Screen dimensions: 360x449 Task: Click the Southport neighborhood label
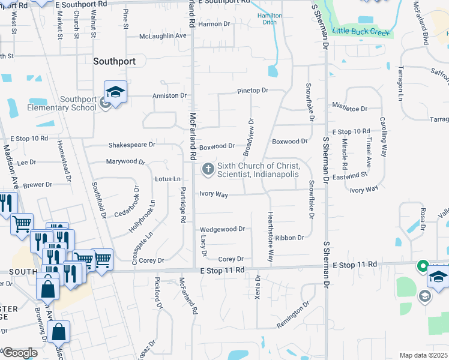point(114,61)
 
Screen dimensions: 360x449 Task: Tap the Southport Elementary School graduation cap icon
point(115,92)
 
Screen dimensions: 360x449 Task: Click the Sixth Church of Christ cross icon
point(208,169)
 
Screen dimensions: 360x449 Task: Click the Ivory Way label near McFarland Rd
point(213,194)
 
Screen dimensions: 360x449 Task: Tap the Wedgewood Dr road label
point(222,229)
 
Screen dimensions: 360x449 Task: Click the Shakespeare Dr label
point(131,145)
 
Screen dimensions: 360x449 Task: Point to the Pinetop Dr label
point(252,91)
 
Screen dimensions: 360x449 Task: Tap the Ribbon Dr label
point(291,238)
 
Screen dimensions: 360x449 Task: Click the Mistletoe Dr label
point(349,109)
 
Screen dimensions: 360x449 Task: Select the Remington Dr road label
point(293,315)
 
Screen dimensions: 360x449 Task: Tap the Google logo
point(20,352)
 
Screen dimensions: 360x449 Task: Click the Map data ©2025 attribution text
point(423,355)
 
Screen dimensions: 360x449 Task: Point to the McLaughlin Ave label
point(163,36)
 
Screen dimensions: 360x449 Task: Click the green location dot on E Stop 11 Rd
point(422,265)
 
